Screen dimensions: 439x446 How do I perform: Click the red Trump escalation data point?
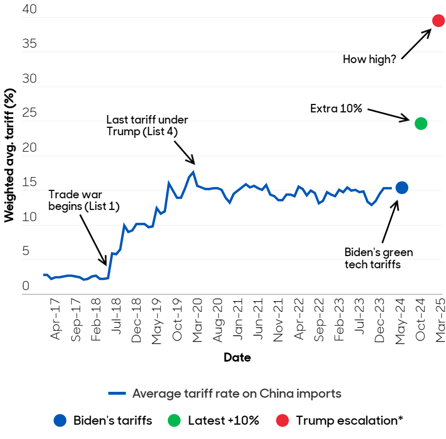click(x=438, y=21)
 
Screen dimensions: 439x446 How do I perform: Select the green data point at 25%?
click(x=421, y=124)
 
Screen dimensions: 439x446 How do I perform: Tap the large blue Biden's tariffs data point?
click(x=401, y=187)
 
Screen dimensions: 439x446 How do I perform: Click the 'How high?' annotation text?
click(x=370, y=59)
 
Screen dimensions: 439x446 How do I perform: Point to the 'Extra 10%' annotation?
click(x=336, y=109)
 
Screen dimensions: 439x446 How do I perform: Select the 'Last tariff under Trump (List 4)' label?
click(x=147, y=126)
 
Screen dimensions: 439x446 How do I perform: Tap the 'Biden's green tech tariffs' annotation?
click(x=379, y=258)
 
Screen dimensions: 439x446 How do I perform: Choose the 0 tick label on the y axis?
click(x=25, y=286)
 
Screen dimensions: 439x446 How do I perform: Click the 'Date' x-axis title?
click(x=237, y=357)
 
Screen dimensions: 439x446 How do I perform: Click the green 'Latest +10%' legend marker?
click(x=173, y=421)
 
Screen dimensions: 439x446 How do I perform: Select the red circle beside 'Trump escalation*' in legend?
click(x=282, y=421)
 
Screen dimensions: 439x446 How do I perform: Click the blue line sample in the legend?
click(x=117, y=393)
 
